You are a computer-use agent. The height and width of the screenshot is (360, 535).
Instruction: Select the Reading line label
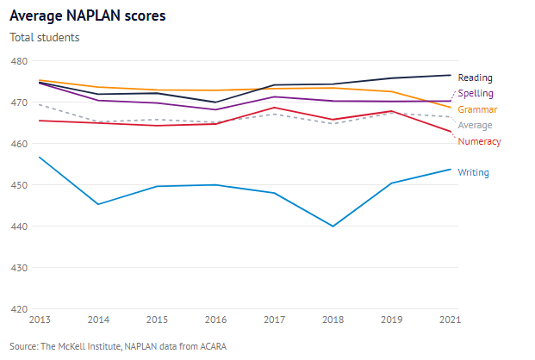click(x=475, y=78)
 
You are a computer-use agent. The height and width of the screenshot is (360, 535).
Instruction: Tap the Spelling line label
click(x=476, y=93)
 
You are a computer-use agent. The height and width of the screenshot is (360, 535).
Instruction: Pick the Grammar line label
click(x=477, y=110)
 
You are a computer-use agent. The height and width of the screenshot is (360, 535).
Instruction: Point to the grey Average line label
click(x=476, y=126)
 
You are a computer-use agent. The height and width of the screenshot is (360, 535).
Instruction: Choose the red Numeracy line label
click(x=479, y=141)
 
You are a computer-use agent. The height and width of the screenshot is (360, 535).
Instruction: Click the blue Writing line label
click(x=474, y=173)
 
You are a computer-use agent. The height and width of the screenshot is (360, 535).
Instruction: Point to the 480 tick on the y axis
click(x=19, y=61)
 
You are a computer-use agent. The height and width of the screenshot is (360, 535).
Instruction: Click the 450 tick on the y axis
click(x=19, y=185)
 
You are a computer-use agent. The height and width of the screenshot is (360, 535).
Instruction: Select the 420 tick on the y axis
click(x=19, y=309)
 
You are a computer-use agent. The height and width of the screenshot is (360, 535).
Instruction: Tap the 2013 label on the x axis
click(x=40, y=320)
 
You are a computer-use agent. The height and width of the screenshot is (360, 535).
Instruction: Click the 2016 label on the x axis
click(x=215, y=320)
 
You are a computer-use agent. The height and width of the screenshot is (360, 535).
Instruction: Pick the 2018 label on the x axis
click(x=333, y=320)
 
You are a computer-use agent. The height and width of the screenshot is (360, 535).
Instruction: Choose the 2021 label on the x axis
click(x=449, y=320)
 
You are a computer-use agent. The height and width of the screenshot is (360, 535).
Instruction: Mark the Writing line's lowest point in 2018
click(x=333, y=227)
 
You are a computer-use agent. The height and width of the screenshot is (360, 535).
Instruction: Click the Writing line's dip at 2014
click(x=98, y=204)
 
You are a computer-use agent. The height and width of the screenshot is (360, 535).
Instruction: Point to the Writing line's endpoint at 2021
click(x=450, y=169)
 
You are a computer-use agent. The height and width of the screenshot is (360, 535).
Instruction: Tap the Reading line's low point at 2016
click(x=215, y=102)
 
